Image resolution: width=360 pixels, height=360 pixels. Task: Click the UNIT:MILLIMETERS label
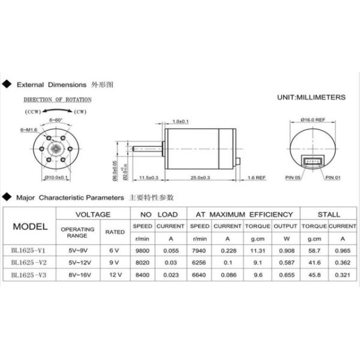click(311, 97)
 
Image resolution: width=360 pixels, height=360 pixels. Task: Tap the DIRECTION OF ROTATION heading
click(58, 100)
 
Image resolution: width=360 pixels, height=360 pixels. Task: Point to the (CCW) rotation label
click(33, 112)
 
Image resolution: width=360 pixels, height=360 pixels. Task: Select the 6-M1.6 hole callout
click(29, 130)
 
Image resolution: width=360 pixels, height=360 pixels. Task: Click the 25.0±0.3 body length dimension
click(200, 178)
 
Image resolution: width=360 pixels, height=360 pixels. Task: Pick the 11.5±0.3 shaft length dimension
click(148, 178)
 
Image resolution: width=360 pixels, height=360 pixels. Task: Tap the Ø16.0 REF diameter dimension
click(313, 120)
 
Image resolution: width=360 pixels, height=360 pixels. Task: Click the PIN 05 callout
click(295, 178)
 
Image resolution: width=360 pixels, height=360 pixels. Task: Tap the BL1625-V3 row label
click(29, 275)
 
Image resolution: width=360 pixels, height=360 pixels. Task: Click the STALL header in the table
click(328, 214)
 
